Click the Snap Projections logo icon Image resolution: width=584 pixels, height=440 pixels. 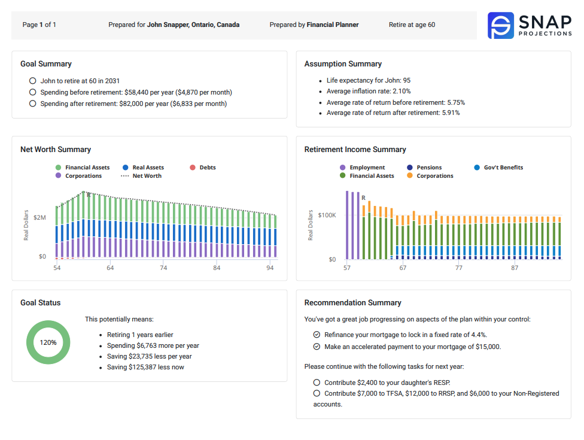[501, 26]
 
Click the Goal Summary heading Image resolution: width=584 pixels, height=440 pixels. [46, 64]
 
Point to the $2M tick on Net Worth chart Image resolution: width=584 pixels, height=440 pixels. [39, 218]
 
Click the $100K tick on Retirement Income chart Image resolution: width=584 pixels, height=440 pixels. [327, 215]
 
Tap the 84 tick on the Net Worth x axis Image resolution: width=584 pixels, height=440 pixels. [217, 268]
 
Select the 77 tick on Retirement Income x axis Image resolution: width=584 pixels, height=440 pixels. [458, 268]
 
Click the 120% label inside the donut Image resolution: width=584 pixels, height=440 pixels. [48, 342]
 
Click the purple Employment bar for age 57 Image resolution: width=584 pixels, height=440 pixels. [347, 225]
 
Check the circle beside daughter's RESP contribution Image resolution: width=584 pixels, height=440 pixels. [317, 383]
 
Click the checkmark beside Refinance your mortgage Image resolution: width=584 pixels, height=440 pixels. [317, 335]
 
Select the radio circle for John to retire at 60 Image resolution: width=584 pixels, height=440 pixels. [32, 81]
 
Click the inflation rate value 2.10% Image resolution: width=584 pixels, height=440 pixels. [401, 91]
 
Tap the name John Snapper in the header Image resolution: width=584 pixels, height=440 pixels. [193, 25]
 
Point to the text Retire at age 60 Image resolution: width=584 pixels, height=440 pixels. [412, 25]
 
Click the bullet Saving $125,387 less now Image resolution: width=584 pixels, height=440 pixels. [145, 367]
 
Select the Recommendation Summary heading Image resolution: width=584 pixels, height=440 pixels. [352, 303]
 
